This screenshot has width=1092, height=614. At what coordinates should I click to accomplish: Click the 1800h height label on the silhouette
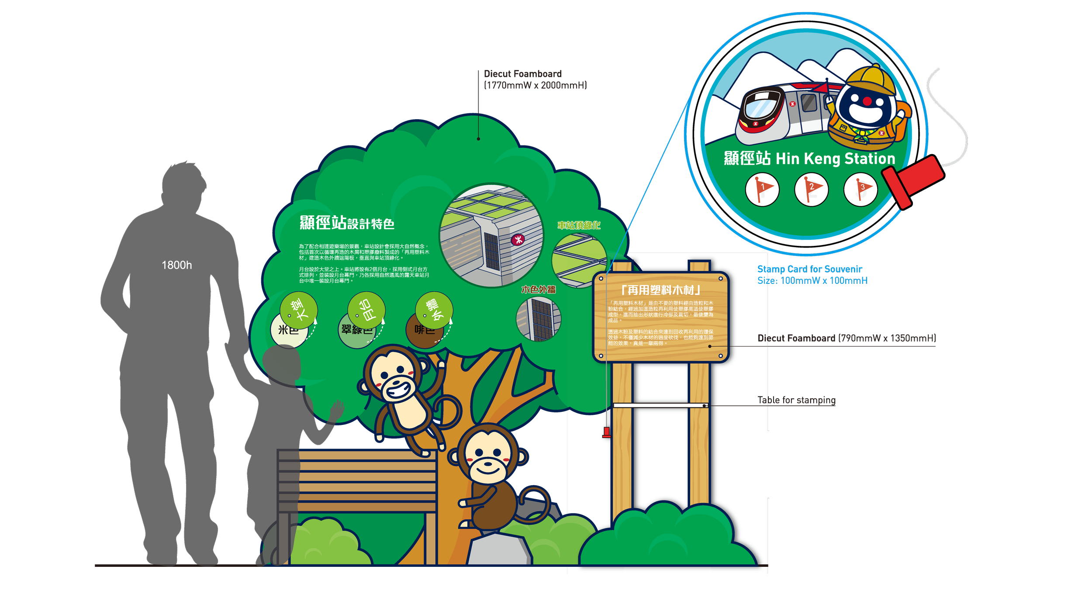pyautogui.click(x=176, y=265)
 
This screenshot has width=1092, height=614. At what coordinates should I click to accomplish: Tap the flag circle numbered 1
pyautogui.click(x=762, y=190)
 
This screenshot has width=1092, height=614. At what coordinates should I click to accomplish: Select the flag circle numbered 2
pyautogui.click(x=811, y=190)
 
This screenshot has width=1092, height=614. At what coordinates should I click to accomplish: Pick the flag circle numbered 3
pyautogui.click(x=860, y=190)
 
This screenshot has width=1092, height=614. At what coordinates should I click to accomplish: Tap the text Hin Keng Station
pyautogui.click(x=835, y=159)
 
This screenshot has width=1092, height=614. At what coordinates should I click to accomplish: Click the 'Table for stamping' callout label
pyautogui.click(x=796, y=400)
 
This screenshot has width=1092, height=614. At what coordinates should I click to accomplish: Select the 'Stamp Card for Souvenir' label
pyautogui.click(x=809, y=269)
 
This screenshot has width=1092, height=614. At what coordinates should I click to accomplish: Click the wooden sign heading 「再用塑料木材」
pyautogui.click(x=660, y=290)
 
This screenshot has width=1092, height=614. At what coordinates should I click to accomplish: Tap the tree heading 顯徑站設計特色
pyautogui.click(x=347, y=223)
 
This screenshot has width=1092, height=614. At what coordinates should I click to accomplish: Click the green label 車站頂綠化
pyautogui.click(x=579, y=225)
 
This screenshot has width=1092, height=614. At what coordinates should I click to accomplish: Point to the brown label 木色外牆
pyautogui.click(x=538, y=290)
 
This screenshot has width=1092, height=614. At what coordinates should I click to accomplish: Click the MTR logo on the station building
pyautogui.click(x=518, y=239)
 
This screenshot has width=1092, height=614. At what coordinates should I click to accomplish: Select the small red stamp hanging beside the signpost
pyautogui.click(x=606, y=432)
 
